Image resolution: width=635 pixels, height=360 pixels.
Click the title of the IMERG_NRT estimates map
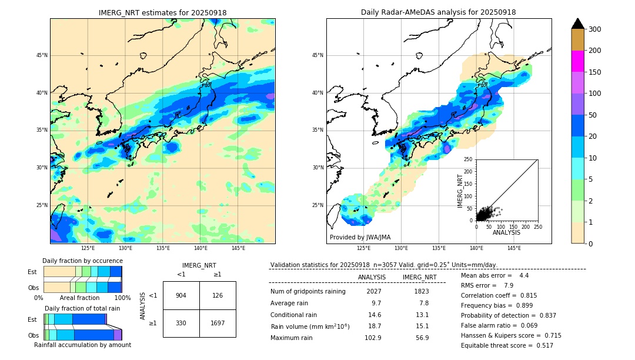pos(162,12)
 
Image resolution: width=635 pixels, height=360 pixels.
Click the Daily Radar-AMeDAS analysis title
pos(439,12)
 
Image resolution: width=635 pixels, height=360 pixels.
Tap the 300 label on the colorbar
pos(595,29)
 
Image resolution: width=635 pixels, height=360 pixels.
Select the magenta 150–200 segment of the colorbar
pos(577,61)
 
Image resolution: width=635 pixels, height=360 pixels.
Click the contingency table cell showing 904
pos(181,295)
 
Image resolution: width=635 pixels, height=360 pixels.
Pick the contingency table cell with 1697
pos(218,323)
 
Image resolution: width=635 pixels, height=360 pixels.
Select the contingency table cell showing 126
pos(218,295)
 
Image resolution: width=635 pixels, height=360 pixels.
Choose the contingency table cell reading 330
pos(181,323)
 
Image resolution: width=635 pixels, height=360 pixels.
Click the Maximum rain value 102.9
pos(372,338)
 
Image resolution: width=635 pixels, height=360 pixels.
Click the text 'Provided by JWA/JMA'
pos(360,237)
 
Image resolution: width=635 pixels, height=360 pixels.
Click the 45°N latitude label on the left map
pos(42,55)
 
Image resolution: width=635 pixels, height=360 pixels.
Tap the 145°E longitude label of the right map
pos(514,248)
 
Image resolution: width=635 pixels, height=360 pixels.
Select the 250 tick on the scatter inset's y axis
pos(469,159)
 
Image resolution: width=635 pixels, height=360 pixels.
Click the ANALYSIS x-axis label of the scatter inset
pos(506,232)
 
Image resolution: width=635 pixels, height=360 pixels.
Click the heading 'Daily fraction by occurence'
pos(82,261)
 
